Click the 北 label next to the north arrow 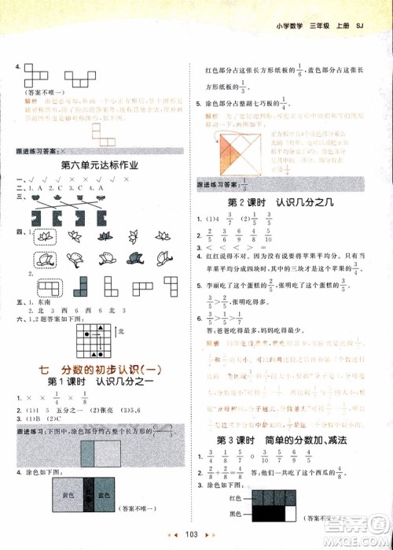122,332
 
